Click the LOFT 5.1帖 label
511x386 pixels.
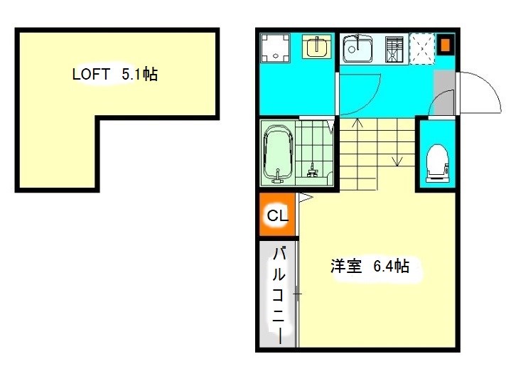point(115,75)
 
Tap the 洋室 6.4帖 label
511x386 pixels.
point(370,267)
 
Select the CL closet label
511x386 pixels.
point(278,215)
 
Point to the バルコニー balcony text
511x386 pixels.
point(279,296)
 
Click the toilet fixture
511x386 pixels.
point(438,163)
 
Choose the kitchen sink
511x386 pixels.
point(357,48)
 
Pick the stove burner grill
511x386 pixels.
point(394,49)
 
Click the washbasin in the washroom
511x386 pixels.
point(316,47)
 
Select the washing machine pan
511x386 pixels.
point(275,48)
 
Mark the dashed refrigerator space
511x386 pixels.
point(422,49)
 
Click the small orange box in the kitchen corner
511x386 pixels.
point(446,45)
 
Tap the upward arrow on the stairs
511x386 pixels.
point(357,154)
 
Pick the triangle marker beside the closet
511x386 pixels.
point(306,197)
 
